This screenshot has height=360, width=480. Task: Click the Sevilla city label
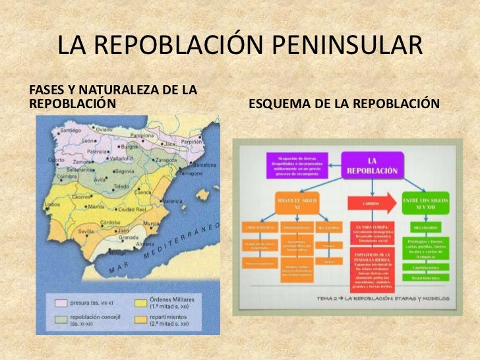pos(86,232)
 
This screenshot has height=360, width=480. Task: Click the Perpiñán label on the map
pos(192,141)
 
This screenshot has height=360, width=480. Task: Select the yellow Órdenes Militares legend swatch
pos(142,303)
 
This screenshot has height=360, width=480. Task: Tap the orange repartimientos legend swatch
pos(142,320)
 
